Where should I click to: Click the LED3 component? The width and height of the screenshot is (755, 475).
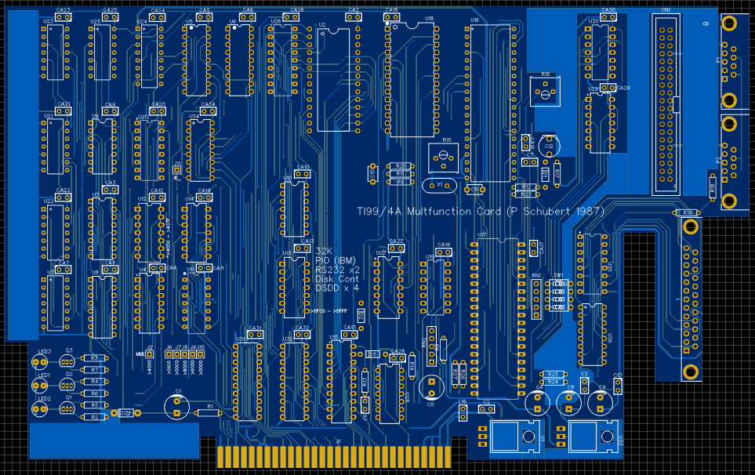(x=38, y=362)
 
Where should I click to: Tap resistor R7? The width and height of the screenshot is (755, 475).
(x=94, y=369)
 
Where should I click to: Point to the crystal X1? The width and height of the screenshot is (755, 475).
(x=438, y=185)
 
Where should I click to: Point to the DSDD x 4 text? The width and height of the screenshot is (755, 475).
(x=336, y=288)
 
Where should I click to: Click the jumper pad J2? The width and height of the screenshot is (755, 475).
(x=150, y=354)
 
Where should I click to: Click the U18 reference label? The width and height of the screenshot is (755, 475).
(x=428, y=17)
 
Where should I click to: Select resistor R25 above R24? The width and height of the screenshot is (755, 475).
(x=554, y=374)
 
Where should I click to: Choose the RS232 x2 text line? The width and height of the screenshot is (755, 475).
(x=337, y=270)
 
